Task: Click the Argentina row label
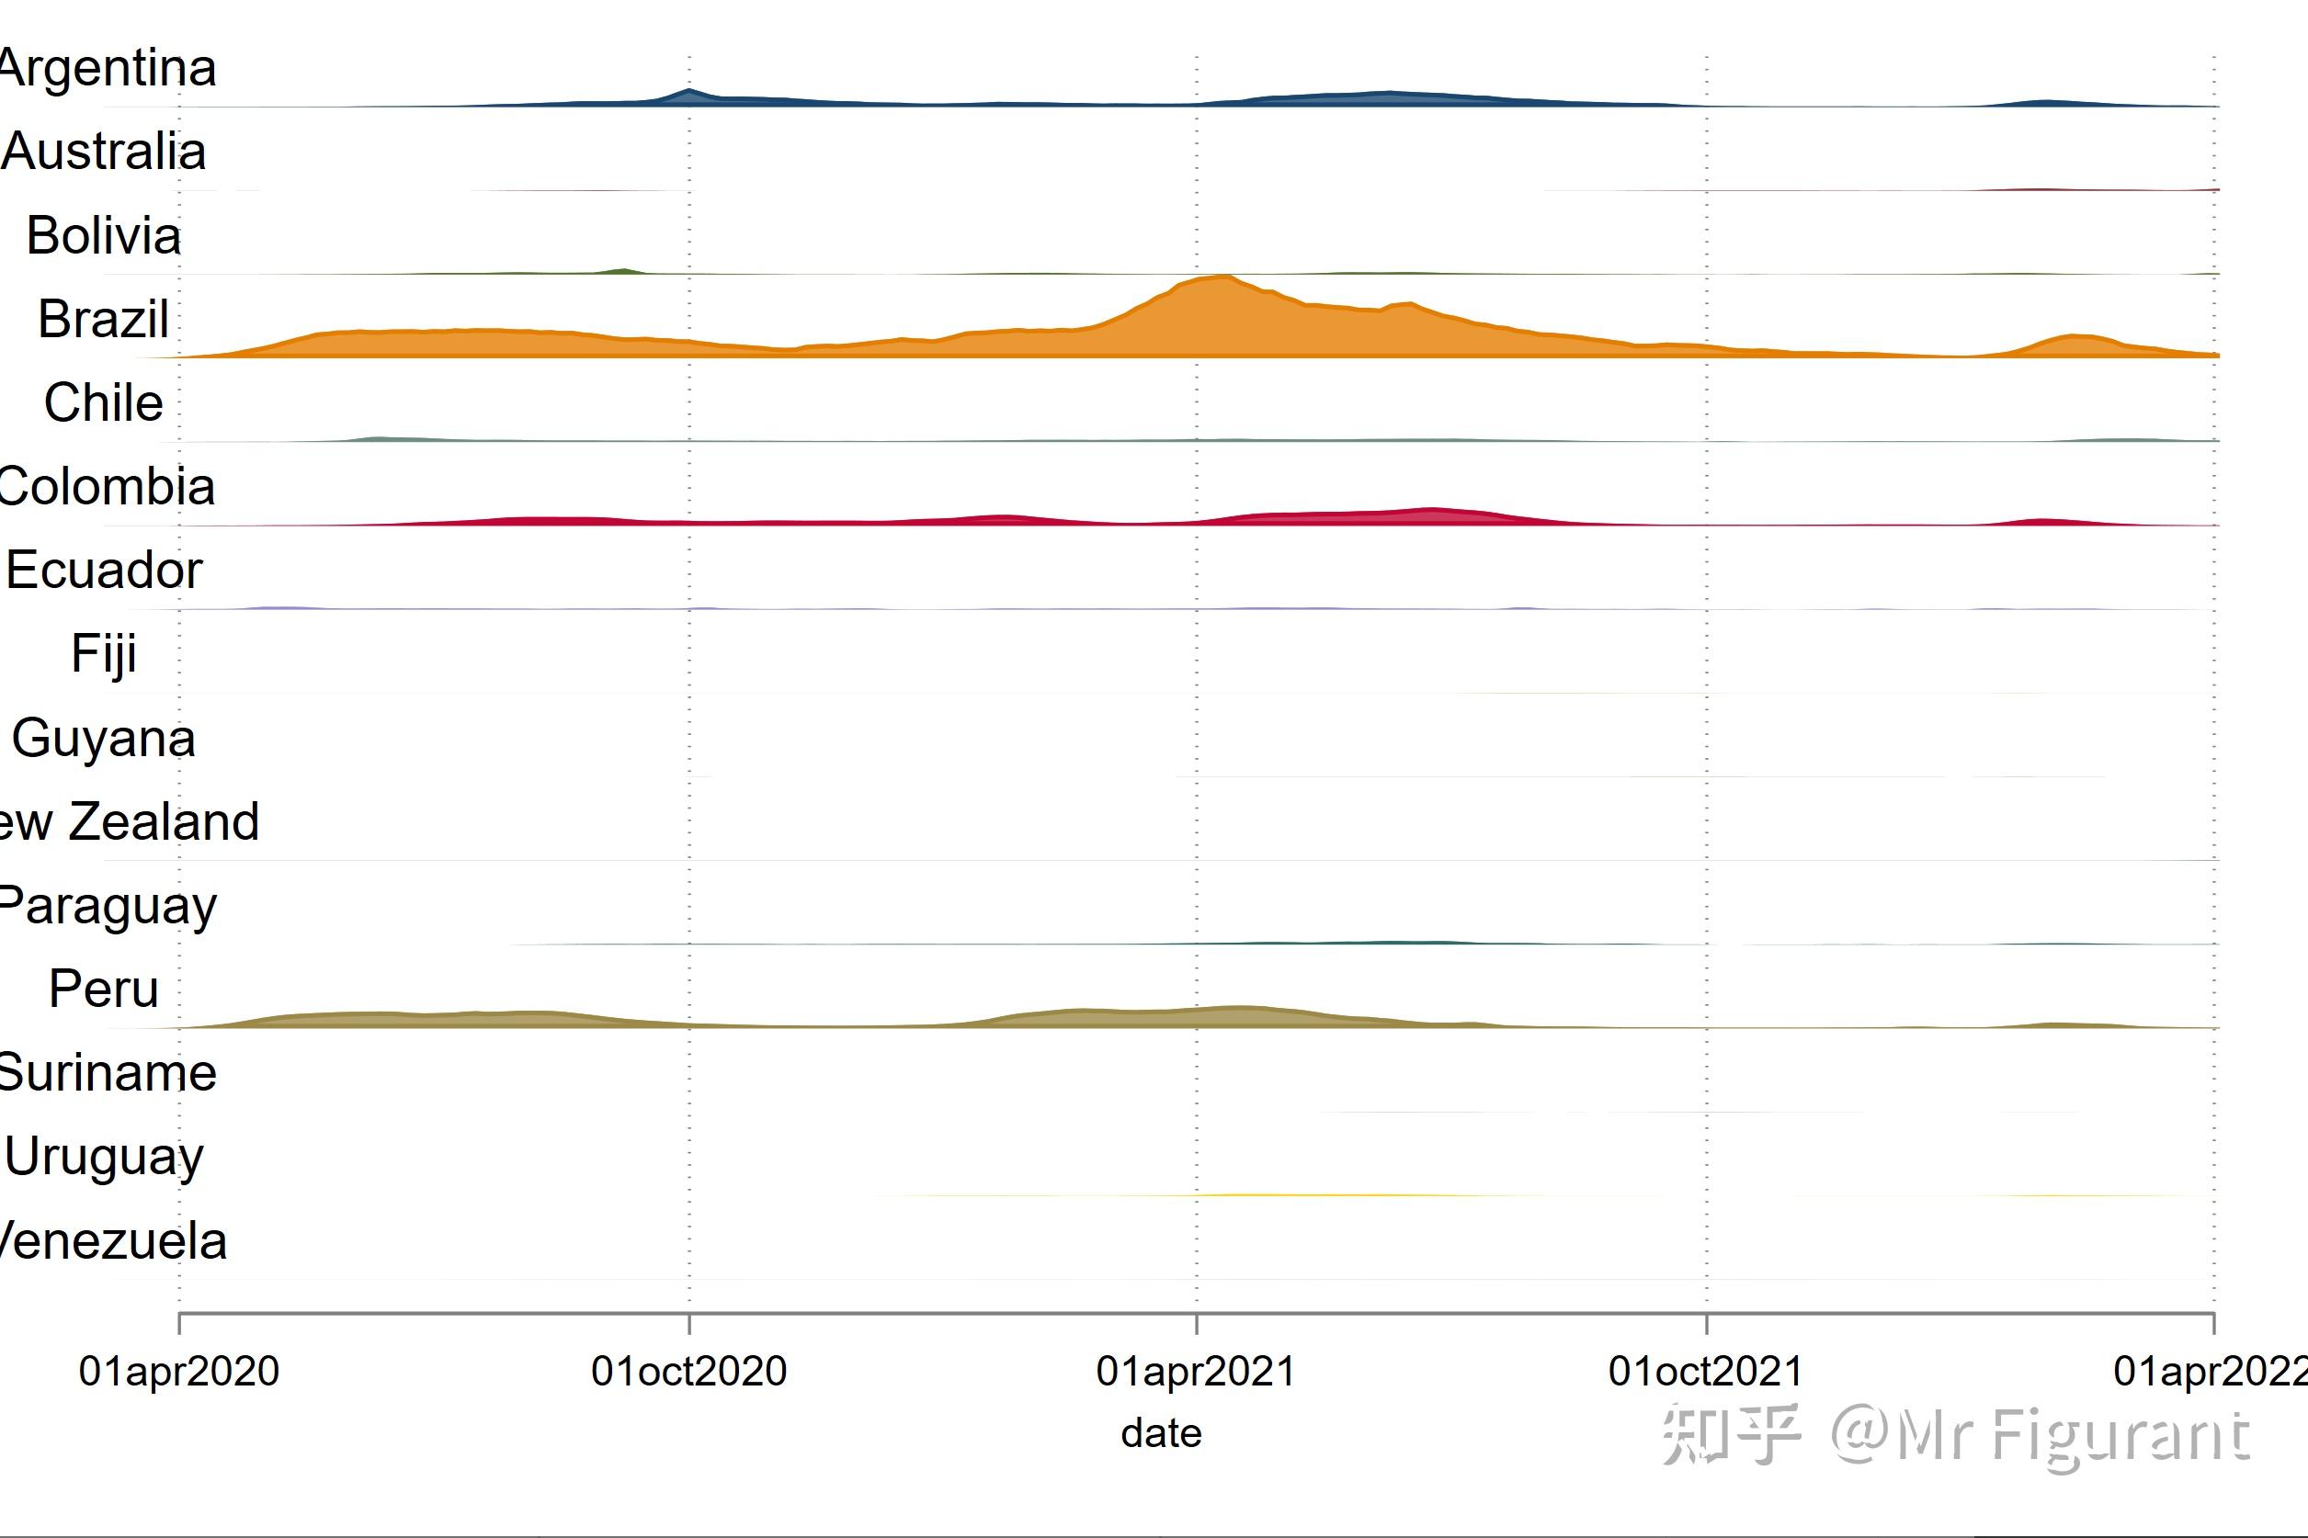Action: (108, 69)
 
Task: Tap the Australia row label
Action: (104, 152)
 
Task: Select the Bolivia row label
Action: (104, 236)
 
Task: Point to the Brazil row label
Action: (104, 320)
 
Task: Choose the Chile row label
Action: (104, 403)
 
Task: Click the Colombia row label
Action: (107, 488)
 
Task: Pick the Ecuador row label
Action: (104, 571)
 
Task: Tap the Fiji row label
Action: (104, 654)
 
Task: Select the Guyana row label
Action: (104, 739)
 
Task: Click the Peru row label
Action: (104, 989)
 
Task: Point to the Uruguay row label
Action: (104, 1158)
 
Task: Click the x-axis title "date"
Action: (1161, 1434)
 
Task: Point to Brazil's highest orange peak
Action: (1223, 278)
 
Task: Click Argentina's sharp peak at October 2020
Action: (688, 91)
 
